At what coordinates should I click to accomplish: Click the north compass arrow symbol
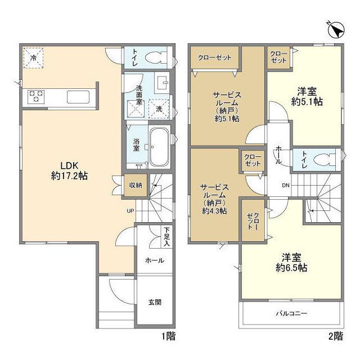336,30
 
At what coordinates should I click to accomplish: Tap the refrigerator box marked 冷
33,58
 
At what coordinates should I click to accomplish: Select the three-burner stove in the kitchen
36,97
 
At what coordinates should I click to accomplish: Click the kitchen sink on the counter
78,97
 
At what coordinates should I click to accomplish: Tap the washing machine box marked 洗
159,109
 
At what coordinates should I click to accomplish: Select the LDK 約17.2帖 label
69,170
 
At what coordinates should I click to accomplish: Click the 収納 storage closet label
136,185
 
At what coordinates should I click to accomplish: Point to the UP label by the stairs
130,211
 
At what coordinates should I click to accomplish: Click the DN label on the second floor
286,185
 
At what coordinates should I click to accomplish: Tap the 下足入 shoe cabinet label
167,237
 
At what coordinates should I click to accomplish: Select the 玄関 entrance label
155,302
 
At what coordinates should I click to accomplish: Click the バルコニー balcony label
291,313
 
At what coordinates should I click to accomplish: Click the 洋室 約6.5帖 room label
291,263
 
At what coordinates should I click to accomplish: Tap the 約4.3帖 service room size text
214,211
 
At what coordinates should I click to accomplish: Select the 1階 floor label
169,336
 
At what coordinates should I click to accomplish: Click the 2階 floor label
336,336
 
